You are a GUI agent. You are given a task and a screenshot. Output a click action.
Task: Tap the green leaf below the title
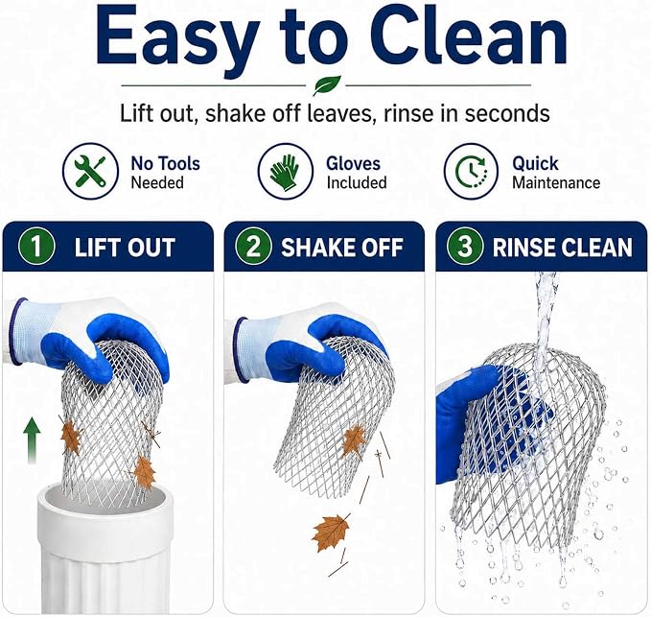[327, 85]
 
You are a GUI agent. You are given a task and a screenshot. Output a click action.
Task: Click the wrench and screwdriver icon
[90, 171]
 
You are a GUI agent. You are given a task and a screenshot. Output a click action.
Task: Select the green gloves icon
[285, 171]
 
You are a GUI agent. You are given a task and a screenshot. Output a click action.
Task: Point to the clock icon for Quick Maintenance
[471, 171]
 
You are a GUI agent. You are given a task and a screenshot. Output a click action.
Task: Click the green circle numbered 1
[36, 247]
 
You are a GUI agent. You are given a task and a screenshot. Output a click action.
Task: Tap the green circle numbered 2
[253, 247]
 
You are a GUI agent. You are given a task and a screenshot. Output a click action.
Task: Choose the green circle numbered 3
[465, 247]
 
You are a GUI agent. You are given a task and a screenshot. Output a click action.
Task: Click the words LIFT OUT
[125, 248]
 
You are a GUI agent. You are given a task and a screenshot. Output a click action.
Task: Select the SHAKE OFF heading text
[342, 248]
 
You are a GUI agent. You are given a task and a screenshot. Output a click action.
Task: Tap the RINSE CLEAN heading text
[563, 248]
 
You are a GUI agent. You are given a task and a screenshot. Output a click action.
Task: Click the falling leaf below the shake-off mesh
[332, 533]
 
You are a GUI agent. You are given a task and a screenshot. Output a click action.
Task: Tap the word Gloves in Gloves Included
[353, 164]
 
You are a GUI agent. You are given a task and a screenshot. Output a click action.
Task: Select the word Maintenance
[556, 183]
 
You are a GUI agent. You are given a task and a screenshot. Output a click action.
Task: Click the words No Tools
[165, 164]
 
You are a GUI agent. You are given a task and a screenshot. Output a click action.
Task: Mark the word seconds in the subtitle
[507, 113]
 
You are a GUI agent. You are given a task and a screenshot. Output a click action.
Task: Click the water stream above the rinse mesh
[545, 311]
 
